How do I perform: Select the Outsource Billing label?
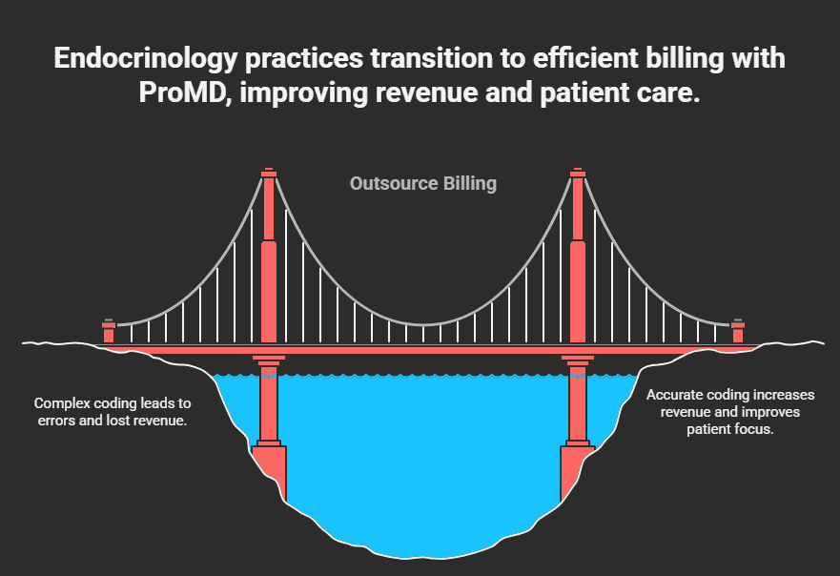tap(422, 183)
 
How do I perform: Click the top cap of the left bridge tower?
tap(269, 173)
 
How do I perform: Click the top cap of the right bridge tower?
tap(577, 173)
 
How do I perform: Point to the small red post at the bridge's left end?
tap(109, 332)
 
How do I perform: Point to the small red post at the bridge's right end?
tap(738, 332)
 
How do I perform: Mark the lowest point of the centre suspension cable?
tap(422, 325)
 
